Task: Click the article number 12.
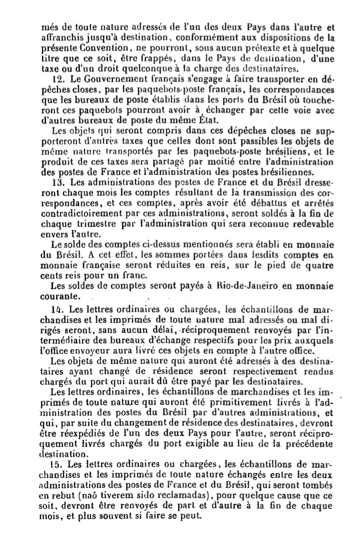[x=56, y=80]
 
